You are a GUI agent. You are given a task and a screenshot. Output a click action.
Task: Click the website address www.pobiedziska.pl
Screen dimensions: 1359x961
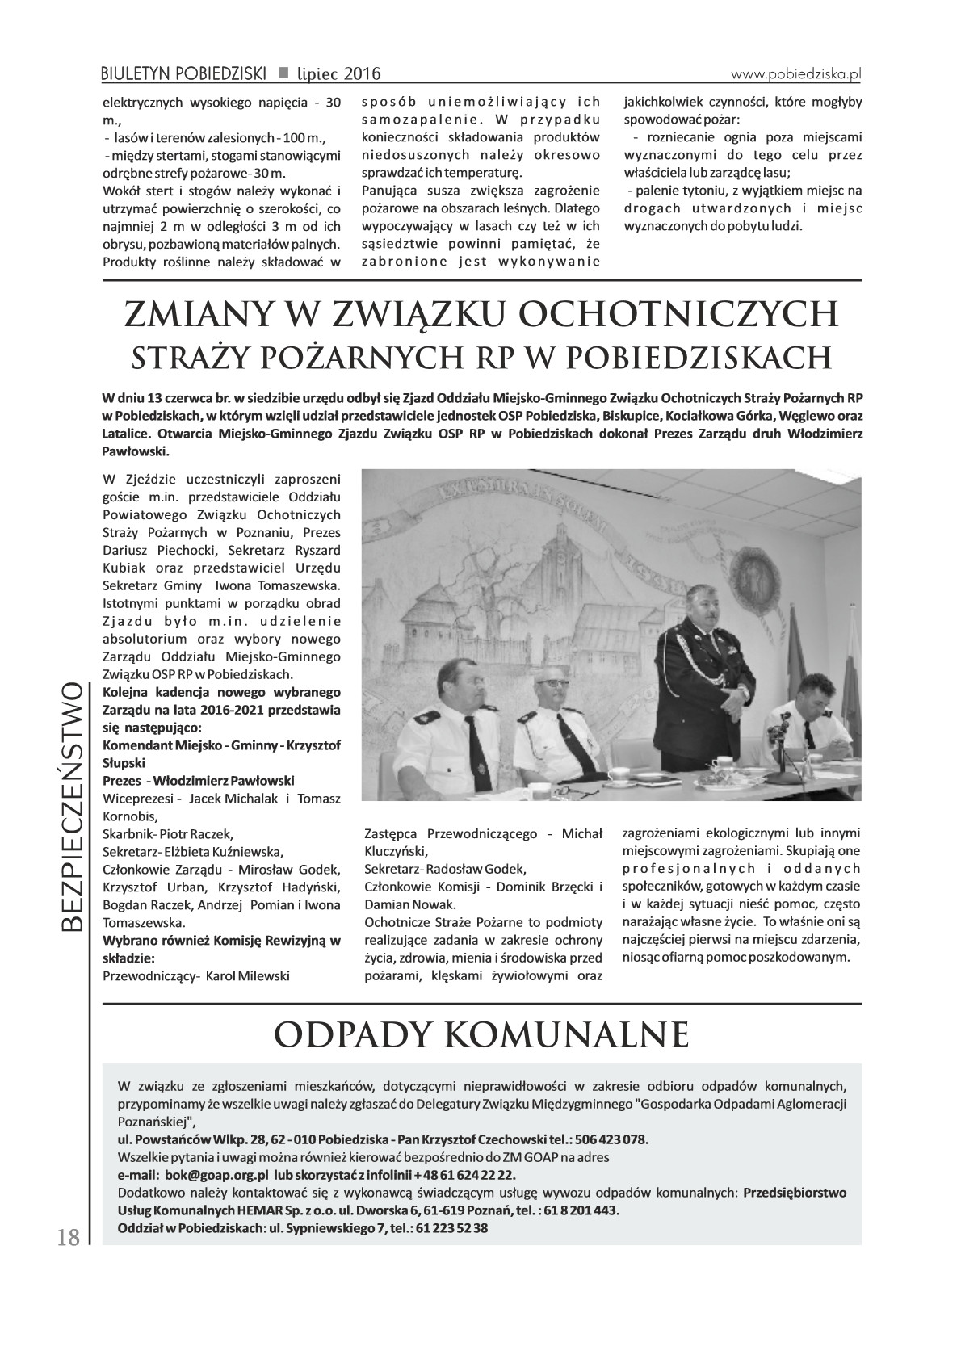[795, 73]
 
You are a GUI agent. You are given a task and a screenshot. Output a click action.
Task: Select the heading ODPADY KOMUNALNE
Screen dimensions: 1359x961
[482, 1033]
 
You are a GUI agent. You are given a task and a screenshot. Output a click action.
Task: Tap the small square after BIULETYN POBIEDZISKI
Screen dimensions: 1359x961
[283, 73]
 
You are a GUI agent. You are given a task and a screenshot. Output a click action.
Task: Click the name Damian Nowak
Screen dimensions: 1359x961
[400, 904]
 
